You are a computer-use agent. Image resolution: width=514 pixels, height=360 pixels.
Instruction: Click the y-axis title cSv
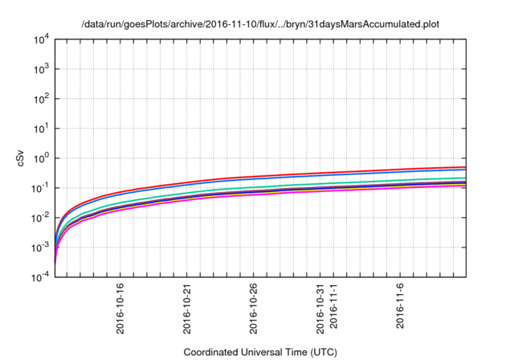click(21, 158)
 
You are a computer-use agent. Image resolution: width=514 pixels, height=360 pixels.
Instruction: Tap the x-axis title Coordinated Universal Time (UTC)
click(260, 352)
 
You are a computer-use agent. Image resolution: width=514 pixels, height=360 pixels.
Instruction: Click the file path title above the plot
click(260, 24)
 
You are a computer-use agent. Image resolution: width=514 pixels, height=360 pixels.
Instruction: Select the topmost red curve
click(321, 174)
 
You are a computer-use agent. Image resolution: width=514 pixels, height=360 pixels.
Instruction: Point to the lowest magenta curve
click(321, 192)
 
